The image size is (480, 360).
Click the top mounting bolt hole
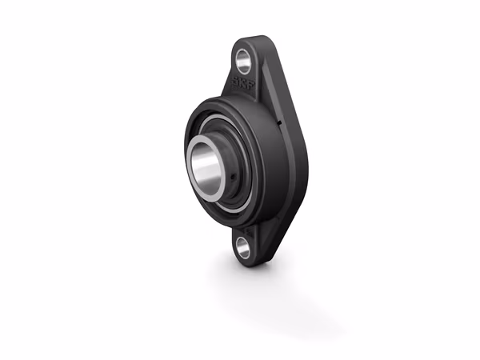[242, 58]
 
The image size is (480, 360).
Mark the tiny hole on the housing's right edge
[278, 122]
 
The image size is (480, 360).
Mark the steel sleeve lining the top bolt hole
[238, 58]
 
